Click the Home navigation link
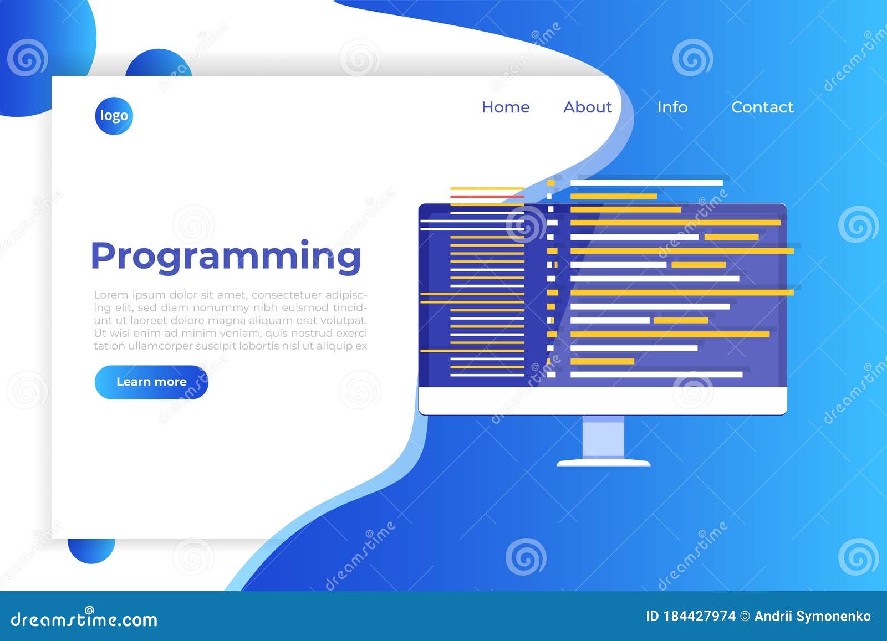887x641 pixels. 506,107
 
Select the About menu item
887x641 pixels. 588,107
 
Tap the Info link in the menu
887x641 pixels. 672,107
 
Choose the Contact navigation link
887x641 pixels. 762,107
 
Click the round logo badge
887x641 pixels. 114,116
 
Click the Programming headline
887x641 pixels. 226,257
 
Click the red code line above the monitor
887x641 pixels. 487,197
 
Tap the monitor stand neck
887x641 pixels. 603,437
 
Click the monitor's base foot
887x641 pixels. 603,463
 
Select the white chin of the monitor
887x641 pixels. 603,401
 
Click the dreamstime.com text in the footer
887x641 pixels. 84,619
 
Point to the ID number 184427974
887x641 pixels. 699,617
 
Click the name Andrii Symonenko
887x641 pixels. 813,617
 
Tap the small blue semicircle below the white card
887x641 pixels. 91,550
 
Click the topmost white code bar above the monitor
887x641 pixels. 646,183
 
